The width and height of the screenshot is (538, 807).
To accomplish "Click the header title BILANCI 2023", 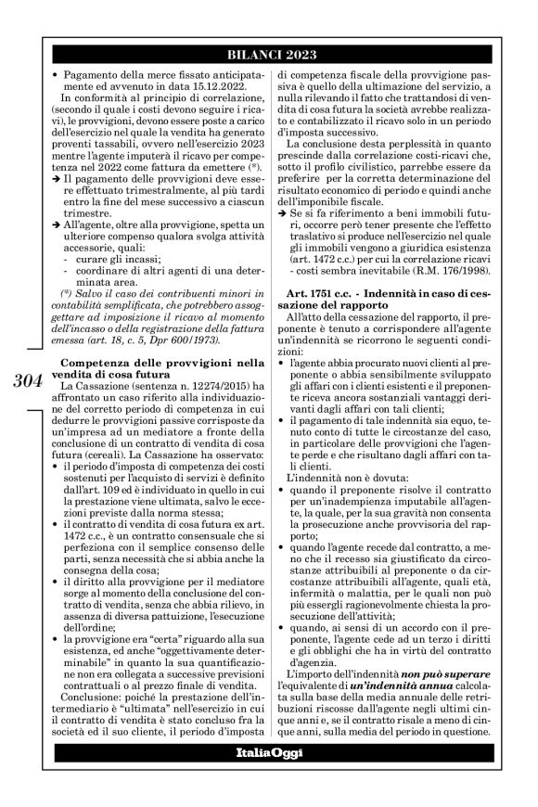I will tap(282, 53).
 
